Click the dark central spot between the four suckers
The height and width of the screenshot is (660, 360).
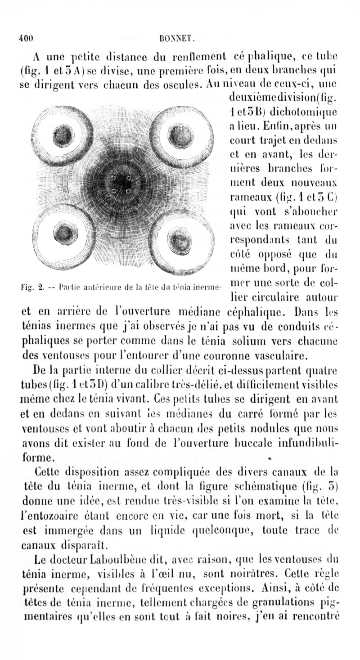pos(121,183)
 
